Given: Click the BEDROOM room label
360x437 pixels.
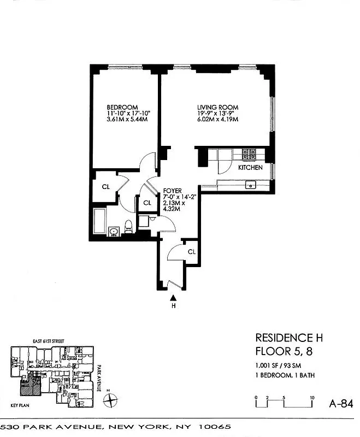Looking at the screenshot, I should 122,107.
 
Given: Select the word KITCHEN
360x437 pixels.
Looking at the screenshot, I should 250,168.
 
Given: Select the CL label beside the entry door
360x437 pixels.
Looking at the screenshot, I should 191,252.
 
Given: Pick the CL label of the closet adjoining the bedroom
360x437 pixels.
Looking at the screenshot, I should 106,186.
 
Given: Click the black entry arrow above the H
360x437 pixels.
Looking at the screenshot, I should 173,298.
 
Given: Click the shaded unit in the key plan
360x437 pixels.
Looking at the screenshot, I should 30,388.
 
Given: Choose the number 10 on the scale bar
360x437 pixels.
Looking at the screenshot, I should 311,397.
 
